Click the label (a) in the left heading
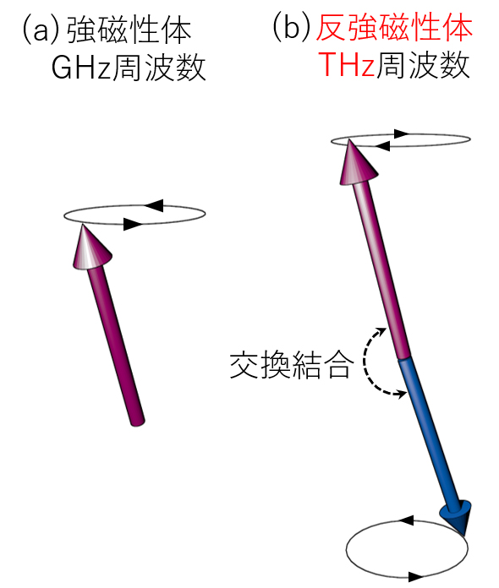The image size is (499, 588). (x=41, y=30)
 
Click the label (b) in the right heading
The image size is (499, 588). (x=291, y=27)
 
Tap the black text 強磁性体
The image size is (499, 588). (x=129, y=30)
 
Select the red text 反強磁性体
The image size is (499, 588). (x=394, y=27)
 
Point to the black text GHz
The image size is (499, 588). (x=80, y=68)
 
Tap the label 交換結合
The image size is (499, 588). (x=292, y=364)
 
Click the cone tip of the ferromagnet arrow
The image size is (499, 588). (x=83, y=224)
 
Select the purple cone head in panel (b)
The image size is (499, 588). (x=358, y=163)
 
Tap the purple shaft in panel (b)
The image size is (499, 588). (x=382, y=269)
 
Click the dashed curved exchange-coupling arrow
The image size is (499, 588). (x=365, y=361)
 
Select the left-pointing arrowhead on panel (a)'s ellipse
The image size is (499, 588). (x=154, y=205)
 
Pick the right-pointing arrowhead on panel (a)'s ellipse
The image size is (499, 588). (x=133, y=224)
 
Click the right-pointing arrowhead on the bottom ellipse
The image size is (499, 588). (x=416, y=576)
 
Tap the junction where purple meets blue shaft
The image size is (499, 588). (x=405, y=358)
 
